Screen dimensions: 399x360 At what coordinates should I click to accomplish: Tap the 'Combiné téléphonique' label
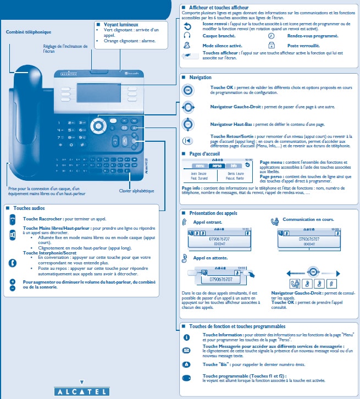28,32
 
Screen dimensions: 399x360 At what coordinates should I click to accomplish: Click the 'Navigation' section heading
200,77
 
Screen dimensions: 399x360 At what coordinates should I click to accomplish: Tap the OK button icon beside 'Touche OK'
189,90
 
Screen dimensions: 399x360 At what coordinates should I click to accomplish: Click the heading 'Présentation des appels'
214,212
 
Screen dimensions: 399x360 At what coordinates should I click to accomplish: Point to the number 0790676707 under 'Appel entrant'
209,240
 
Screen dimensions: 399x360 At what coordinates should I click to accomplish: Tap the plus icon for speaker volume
13,281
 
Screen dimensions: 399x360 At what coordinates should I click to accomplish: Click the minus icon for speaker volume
13,288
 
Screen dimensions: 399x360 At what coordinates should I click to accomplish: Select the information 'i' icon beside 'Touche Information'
186,336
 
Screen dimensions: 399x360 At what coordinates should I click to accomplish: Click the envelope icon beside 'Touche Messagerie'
186,350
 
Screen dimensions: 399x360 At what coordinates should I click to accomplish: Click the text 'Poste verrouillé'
302,45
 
